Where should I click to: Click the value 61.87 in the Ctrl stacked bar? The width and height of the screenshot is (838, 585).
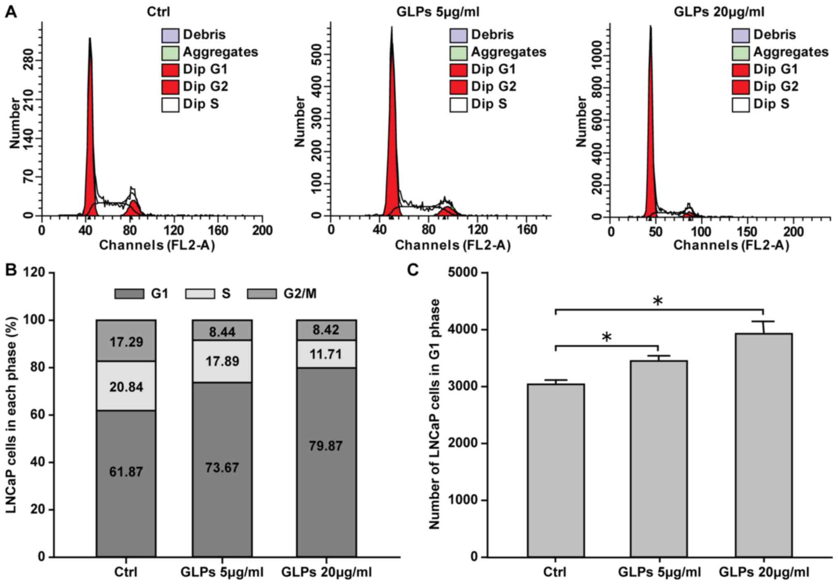tap(126, 471)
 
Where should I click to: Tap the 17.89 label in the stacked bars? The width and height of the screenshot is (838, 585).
tap(222, 361)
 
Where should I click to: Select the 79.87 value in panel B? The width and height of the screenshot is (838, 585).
tap(326, 446)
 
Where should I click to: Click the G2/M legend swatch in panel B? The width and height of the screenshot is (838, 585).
tap(262, 294)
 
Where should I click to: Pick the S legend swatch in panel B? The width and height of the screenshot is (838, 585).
tap(200, 294)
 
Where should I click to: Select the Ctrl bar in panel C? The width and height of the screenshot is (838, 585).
tap(556, 470)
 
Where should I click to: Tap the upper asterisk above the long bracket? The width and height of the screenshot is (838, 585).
tap(658, 301)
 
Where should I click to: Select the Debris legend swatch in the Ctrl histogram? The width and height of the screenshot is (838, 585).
tap(170, 35)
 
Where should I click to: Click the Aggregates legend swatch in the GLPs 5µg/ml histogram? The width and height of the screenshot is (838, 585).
tap(458, 52)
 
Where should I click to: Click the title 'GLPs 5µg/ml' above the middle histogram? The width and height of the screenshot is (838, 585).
tap(438, 12)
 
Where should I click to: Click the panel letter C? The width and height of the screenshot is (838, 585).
tap(413, 270)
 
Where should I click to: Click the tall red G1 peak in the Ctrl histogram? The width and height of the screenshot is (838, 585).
tap(90, 144)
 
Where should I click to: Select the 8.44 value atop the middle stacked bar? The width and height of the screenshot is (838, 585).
tap(222, 332)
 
